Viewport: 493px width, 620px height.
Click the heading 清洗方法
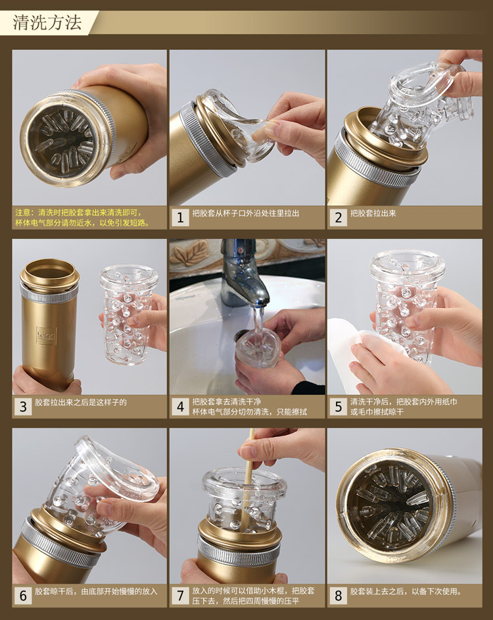pyautogui.click(x=47, y=22)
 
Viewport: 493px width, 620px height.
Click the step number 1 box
pyautogui.click(x=180, y=217)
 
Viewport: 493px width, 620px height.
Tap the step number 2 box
pyautogui.click(x=338, y=217)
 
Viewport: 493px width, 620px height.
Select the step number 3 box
pyautogui.click(x=23, y=407)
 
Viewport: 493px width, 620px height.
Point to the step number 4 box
pyautogui.click(x=180, y=407)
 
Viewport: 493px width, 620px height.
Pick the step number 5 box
pyautogui.click(x=338, y=407)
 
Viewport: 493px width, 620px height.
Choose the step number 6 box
pyautogui.click(x=23, y=596)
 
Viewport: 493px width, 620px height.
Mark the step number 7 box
pyautogui.click(x=180, y=596)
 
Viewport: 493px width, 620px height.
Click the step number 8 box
pyautogui.click(x=338, y=596)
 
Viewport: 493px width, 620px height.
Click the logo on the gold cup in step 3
pyautogui.click(x=46, y=336)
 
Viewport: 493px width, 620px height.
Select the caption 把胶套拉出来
pyautogui.click(x=373, y=213)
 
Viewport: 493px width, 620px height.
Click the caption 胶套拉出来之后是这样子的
pyautogui.click(x=81, y=403)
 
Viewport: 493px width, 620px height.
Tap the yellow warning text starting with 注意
pyautogui.click(x=83, y=218)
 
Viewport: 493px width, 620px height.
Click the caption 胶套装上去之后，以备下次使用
pyautogui.click(x=406, y=592)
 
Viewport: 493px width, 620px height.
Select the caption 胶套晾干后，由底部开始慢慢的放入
pyautogui.click(x=96, y=592)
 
